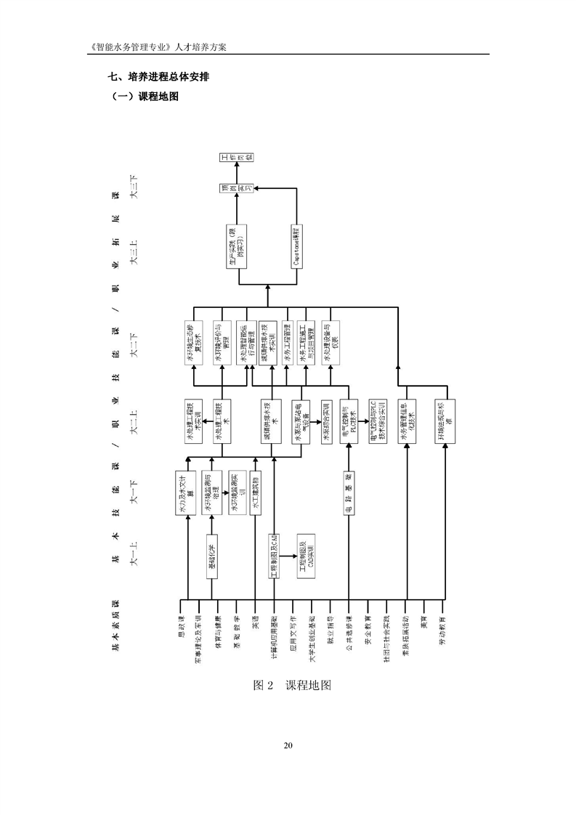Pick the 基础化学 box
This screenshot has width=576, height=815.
pos(211,557)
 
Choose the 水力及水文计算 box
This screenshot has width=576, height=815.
pos(187,494)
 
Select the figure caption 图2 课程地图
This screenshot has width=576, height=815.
pos(287,686)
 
